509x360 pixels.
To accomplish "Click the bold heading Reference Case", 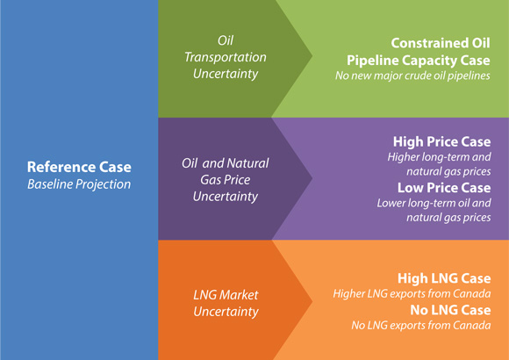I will tap(79, 167).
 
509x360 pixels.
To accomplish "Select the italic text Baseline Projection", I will tap(79, 184).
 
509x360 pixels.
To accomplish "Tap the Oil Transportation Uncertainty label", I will tap(226, 58).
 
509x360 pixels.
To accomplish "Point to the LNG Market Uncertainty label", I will tap(226, 303).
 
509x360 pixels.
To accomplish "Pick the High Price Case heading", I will tap(442, 141).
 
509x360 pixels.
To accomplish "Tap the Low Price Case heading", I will tap(444, 188).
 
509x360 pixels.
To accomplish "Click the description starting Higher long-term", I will tap(439, 164).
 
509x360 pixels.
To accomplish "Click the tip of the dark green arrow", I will tap(311, 59).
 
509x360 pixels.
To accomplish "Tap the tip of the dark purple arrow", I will tap(311, 179).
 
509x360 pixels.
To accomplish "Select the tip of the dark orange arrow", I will tap(311, 299).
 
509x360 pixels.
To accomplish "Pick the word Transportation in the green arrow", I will tap(226, 58).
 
